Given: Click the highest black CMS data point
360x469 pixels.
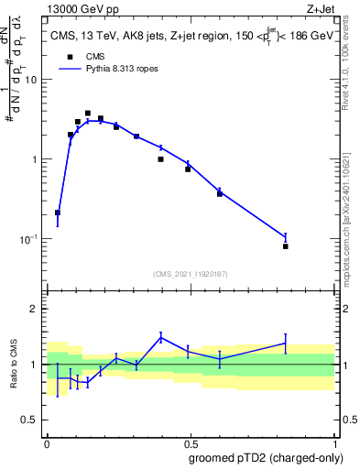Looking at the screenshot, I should click(x=88, y=114).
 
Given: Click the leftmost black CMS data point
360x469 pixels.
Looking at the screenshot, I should click(x=58, y=213).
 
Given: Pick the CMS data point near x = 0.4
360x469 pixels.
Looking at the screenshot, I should click(x=160, y=159).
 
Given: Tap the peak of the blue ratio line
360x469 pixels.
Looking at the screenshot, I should click(x=161, y=337).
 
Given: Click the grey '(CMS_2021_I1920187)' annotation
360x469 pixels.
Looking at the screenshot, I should click(x=191, y=272).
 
